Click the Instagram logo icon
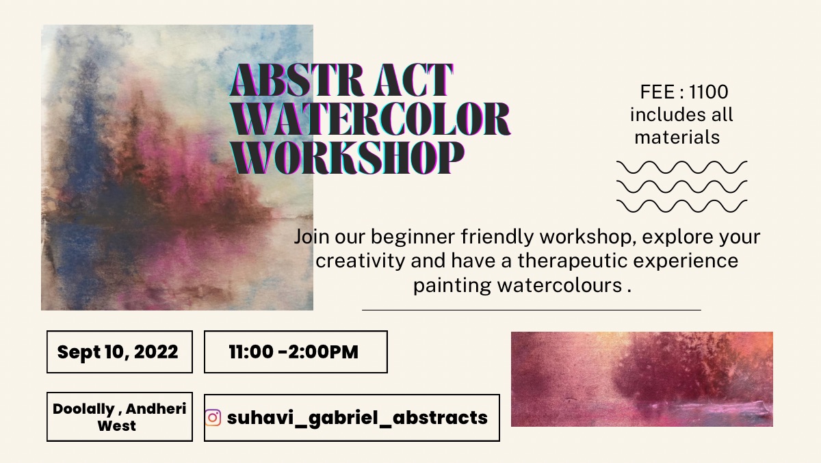(213, 418)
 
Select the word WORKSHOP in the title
(348, 157)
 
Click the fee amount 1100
(709, 92)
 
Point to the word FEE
(657, 92)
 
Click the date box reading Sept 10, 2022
(120, 352)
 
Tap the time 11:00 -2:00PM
(294, 352)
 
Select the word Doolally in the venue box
(83, 409)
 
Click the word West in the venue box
(117, 426)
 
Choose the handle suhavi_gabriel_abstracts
(357, 417)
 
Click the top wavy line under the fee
(681, 167)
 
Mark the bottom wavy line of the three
(681, 206)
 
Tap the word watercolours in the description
(560, 285)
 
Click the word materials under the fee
(677, 137)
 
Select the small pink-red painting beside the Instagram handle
(642, 379)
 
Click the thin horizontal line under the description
(532, 310)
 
